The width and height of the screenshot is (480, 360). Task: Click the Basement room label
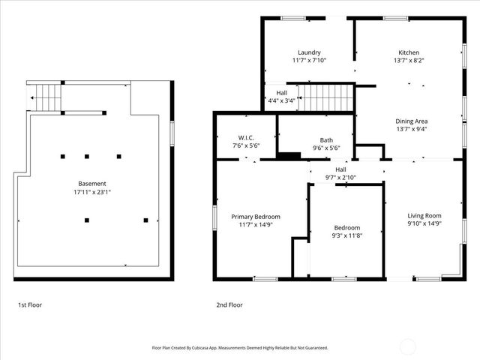(x=92, y=183)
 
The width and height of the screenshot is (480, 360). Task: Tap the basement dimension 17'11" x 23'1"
(x=92, y=192)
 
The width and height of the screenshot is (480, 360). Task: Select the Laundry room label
(x=309, y=52)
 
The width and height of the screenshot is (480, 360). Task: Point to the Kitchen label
(x=409, y=52)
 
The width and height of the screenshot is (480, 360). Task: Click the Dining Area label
(x=412, y=121)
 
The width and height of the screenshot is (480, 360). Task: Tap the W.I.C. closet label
(x=246, y=138)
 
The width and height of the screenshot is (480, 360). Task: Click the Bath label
(x=326, y=140)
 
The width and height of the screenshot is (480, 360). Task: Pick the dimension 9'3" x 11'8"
(x=347, y=236)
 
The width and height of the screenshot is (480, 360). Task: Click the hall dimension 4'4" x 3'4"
(x=281, y=100)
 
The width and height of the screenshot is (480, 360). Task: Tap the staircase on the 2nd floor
(x=325, y=97)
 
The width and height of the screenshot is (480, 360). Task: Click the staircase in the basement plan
(x=46, y=97)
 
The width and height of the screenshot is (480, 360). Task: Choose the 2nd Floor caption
(x=229, y=305)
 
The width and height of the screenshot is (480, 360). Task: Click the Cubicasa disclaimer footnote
(x=240, y=348)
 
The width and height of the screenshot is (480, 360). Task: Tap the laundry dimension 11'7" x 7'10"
(x=309, y=61)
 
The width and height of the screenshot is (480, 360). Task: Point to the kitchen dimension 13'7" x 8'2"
(x=409, y=61)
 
